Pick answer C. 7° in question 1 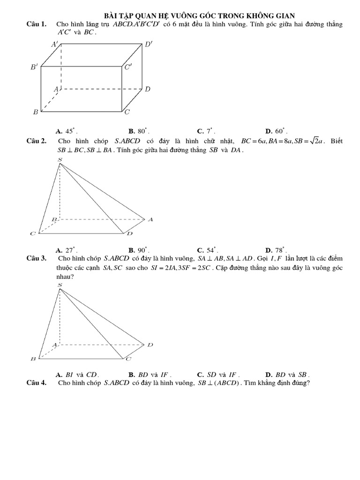pos(206,132)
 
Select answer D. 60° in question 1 pos(276,132)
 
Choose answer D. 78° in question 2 pos(276,250)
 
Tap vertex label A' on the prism pos(55,45)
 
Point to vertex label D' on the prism pos(149,45)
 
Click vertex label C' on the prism pos(128,67)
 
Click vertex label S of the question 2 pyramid pos(60,160)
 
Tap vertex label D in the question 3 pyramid pos(150,345)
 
